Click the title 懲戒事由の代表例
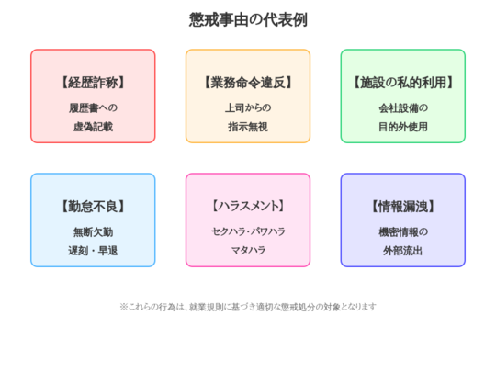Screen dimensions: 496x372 pyautogui.click(x=248, y=19)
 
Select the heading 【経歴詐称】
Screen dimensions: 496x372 pyautogui.click(x=93, y=83)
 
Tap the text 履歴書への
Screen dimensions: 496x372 pyautogui.click(x=93, y=108)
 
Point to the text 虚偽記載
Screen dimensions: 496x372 pyautogui.click(x=93, y=127)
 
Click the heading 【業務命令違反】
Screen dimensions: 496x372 pyautogui.click(x=248, y=83)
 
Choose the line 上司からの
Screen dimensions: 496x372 pyautogui.click(x=248, y=108)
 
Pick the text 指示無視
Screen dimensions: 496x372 pyautogui.click(x=248, y=127)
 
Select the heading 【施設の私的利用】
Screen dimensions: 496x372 pyautogui.click(x=403, y=83)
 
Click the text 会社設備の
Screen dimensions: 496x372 pyautogui.click(x=403, y=108)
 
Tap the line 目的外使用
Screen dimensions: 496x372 pyautogui.click(x=403, y=127)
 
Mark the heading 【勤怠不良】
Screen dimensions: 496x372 pyautogui.click(x=93, y=207)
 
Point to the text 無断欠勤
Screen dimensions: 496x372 pyautogui.click(x=93, y=232)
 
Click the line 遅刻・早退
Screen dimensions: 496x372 pyautogui.click(x=93, y=251)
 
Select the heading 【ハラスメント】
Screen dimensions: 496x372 pyautogui.click(x=248, y=207)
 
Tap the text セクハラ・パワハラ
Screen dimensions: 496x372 pyautogui.click(x=248, y=231)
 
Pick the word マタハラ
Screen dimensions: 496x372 pyautogui.click(x=248, y=251)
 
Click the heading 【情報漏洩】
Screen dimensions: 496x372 pyautogui.click(x=403, y=207)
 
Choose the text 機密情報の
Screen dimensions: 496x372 pyautogui.click(x=403, y=232)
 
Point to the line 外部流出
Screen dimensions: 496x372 pyautogui.click(x=403, y=251)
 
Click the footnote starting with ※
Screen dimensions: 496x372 pyautogui.click(x=248, y=307)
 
